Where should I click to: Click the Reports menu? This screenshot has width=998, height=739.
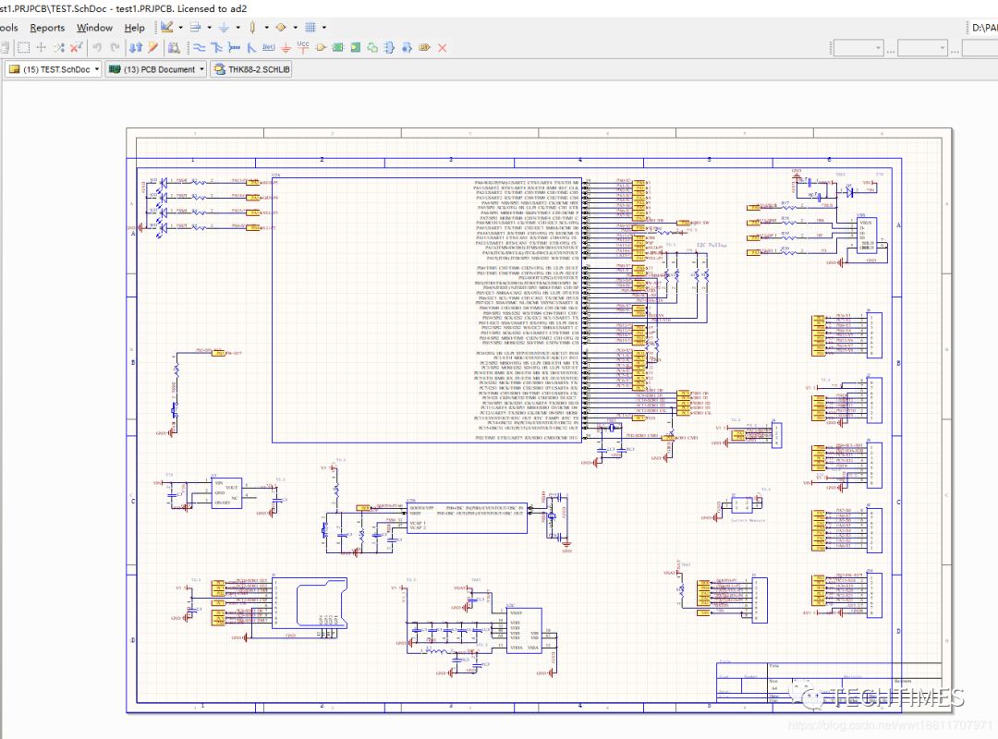(47, 28)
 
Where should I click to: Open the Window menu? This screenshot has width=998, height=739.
(94, 28)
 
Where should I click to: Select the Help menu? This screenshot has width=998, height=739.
(134, 28)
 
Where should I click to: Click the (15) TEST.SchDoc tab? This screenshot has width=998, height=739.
(52, 69)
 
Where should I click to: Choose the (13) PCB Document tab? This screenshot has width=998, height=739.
(155, 69)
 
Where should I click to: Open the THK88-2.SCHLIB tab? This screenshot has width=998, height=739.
(251, 69)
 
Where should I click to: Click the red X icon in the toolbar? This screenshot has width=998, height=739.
(442, 47)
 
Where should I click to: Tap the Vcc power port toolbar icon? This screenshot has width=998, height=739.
(303, 46)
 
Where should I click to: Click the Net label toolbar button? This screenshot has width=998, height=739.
(269, 47)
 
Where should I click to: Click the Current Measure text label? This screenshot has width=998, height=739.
(748, 520)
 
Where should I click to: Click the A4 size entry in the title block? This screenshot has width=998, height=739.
(775, 688)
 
